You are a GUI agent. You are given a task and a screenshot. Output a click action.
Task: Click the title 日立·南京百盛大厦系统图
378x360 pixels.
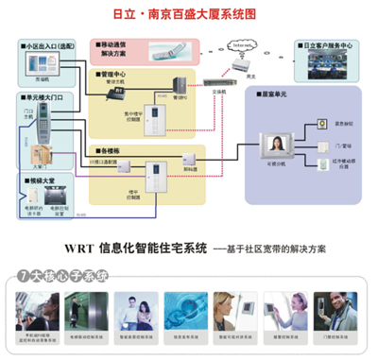point(189,15)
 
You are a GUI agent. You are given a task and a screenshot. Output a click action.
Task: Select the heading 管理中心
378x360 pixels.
point(112,73)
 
